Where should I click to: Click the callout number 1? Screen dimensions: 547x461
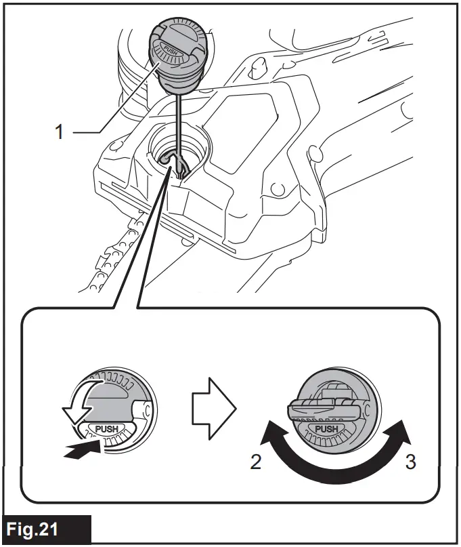[x=59, y=131]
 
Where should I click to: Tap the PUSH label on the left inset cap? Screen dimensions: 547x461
[x=107, y=430]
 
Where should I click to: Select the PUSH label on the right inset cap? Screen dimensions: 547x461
[x=326, y=429]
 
